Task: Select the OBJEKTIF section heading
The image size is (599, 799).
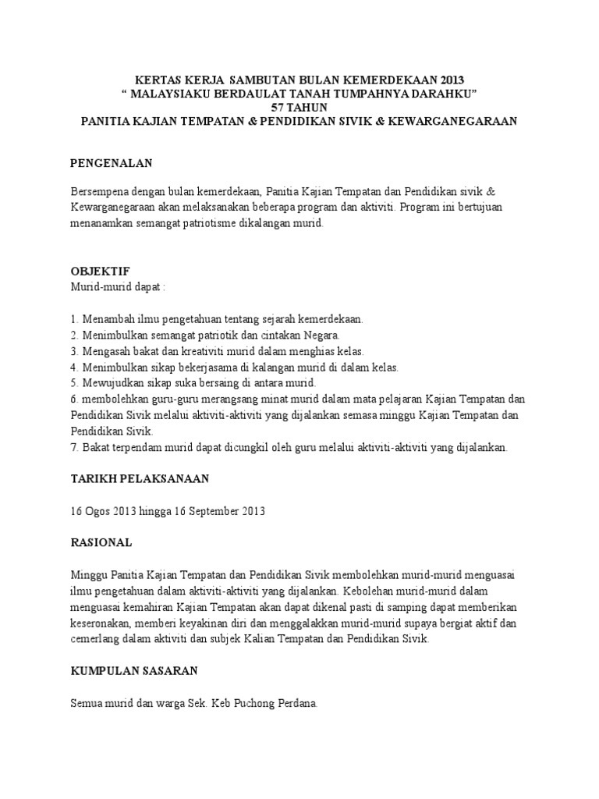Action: click(x=101, y=271)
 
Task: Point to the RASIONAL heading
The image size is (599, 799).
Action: click(x=101, y=542)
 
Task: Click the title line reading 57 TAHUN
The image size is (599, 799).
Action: click(x=299, y=107)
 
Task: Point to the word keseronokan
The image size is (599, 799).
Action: click(x=105, y=623)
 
